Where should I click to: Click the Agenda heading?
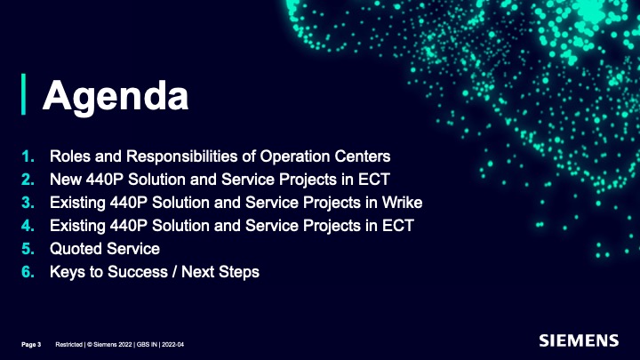click(x=116, y=96)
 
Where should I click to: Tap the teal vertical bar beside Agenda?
click(x=24, y=94)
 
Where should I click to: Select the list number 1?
click(x=28, y=156)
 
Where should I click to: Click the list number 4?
click(x=28, y=226)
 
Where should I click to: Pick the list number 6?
click(x=28, y=272)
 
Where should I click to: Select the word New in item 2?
click(x=65, y=180)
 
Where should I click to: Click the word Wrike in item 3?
click(x=402, y=203)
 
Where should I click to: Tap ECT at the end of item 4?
click(x=398, y=226)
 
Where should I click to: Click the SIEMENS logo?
click(x=579, y=340)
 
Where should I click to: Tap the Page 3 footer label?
click(x=31, y=345)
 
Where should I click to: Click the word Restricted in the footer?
click(x=69, y=345)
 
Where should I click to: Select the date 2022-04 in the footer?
click(x=173, y=345)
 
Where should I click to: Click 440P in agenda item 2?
click(x=105, y=180)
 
